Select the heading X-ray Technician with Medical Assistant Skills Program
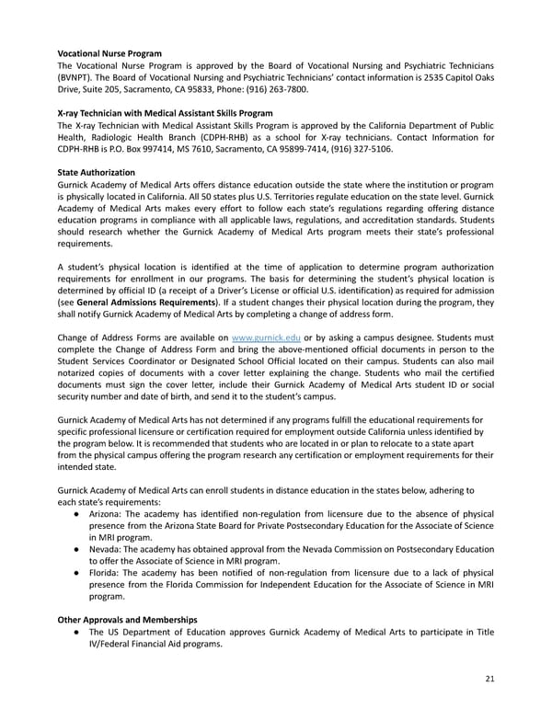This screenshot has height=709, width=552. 165,113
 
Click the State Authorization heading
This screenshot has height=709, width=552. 96,172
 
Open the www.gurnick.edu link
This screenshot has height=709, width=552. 267,338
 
